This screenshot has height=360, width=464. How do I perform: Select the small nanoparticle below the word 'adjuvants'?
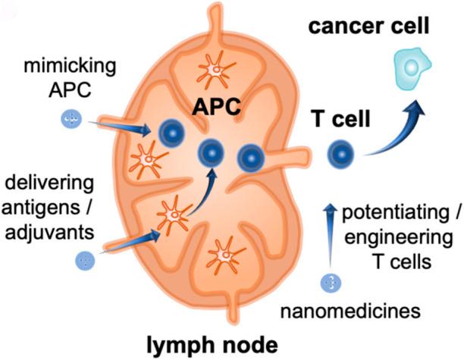click(85, 261)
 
